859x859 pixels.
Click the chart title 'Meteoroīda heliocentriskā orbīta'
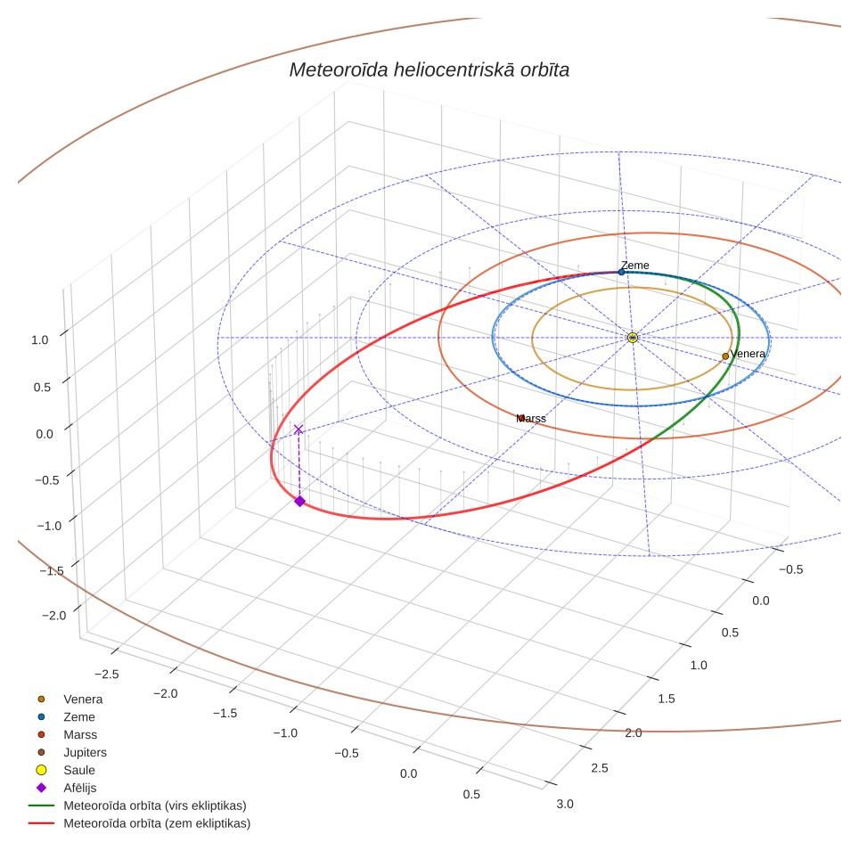[x=429, y=70]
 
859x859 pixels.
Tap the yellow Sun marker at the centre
[x=632, y=338]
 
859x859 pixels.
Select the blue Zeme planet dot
[x=621, y=273]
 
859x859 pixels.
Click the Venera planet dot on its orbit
[x=725, y=356]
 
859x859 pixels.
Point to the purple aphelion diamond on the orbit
[x=299, y=501]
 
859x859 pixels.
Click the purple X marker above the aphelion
[x=299, y=429]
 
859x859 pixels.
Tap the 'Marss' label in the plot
[x=531, y=419]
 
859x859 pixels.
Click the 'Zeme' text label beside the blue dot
[x=635, y=266]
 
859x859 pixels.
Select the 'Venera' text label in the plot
[x=748, y=354]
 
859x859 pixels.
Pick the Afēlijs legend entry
[x=66, y=788]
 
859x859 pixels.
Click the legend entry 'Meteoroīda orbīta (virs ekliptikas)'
[x=137, y=806]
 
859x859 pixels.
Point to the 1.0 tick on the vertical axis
[x=40, y=340]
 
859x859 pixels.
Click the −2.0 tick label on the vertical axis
[x=53, y=615]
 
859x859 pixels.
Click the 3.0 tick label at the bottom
[x=565, y=804]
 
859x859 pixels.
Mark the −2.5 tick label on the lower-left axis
[x=106, y=674]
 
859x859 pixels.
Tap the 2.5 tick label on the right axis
[x=600, y=767]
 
